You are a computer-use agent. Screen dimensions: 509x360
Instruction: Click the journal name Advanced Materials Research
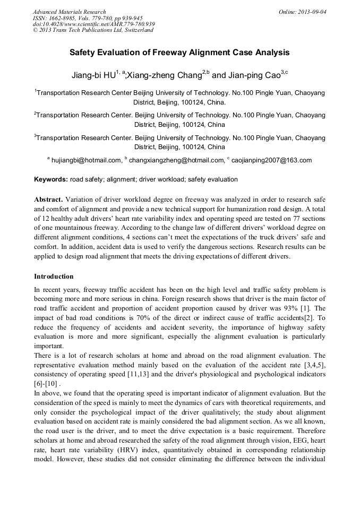(69, 12)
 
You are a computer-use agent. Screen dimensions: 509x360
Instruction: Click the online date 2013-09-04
(312, 12)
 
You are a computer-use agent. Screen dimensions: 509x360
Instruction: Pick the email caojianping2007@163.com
(272, 160)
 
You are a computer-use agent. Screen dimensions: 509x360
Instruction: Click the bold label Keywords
(51, 179)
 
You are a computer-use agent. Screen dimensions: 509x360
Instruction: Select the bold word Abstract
(49, 199)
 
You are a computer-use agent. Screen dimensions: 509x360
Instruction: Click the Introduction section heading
(54, 277)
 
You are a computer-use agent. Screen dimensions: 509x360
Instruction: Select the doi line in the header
(93, 24)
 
